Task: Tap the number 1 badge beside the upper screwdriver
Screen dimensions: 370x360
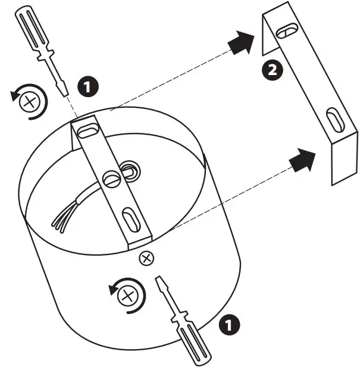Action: coord(88,88)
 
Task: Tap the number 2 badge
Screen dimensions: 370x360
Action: coord(272,71)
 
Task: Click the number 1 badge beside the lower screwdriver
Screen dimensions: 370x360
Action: coord(229,325)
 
